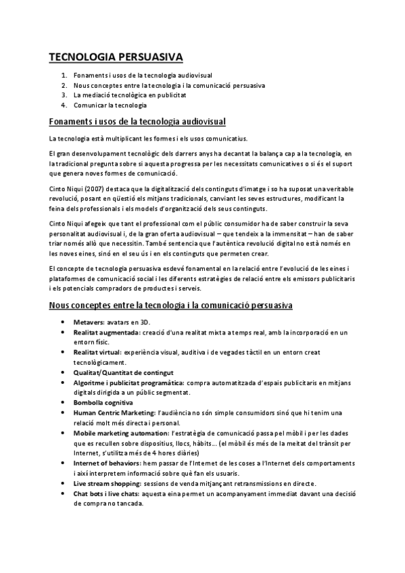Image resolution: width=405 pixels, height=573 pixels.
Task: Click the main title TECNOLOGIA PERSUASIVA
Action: tap(116, 57)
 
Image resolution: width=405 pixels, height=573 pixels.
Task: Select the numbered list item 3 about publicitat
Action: tap(130, 95)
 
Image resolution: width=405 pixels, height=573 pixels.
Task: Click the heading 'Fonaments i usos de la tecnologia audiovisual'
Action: tap(137, 122)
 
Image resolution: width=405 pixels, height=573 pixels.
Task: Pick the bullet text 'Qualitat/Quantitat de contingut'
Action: tap(124, 372)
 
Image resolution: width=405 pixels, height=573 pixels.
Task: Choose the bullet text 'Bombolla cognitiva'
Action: tap(103, 402)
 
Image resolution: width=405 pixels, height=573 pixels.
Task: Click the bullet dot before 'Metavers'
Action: tap(63, 323)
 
